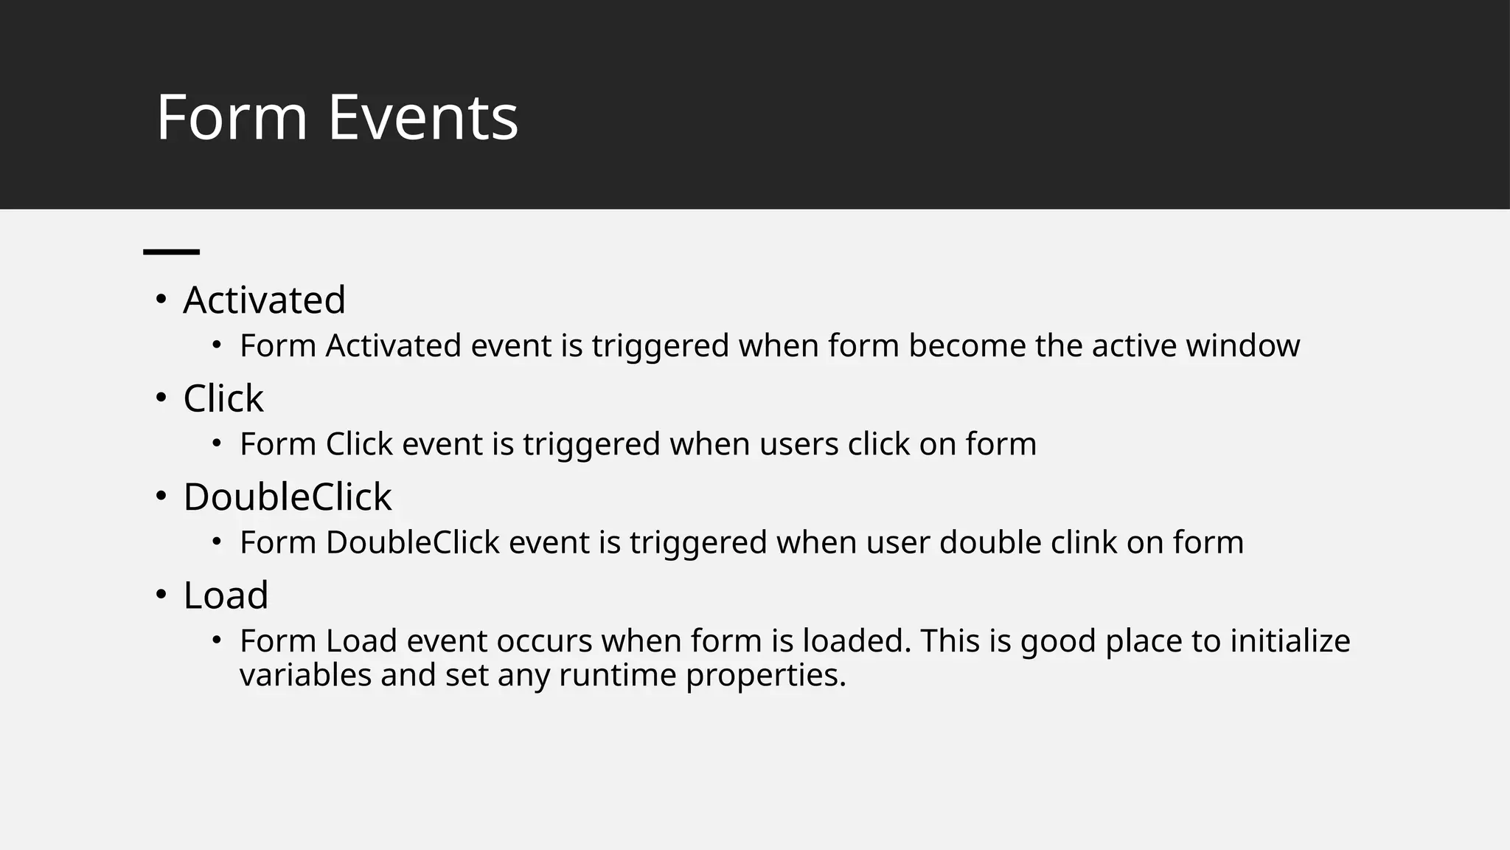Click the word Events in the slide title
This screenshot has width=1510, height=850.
point(422,117)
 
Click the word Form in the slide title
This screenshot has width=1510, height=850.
point(232,117)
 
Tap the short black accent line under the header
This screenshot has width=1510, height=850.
point(171,252)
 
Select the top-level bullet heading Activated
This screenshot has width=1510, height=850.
point(264,300)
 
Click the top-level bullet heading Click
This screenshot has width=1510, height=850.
point(223,398)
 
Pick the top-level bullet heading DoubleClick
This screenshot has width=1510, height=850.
point(287,497)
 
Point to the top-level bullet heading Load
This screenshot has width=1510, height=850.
point(226,595)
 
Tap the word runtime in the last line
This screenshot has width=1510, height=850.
point(617,674)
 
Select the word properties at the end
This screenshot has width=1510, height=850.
point(765,676)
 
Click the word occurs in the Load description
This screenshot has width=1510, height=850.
point(544,640)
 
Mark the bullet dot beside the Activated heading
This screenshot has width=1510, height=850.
point(161,300)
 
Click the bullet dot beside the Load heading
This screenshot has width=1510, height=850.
point(161,594)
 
